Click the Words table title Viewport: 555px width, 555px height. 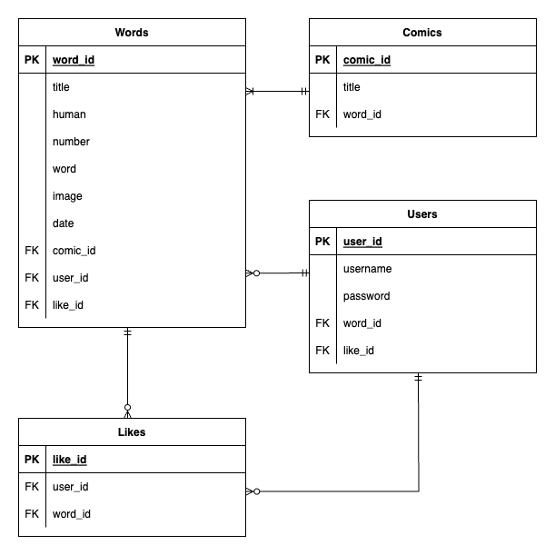point(132,33)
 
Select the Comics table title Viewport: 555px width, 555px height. point(422,33)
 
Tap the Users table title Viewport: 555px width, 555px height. point(422,214)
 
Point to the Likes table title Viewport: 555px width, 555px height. point(132,432)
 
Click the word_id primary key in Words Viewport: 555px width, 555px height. point(74,60)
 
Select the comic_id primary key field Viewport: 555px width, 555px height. point(367,60)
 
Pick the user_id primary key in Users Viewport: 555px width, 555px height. point(362,242)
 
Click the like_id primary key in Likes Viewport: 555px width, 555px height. point(70,460)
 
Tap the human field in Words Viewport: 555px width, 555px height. point(69,114)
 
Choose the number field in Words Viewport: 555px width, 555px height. point(71,142)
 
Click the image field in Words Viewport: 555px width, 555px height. point(68,196)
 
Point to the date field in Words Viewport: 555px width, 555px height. point(64,223)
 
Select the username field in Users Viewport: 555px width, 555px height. point(367,269)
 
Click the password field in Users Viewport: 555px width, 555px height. point(367,296)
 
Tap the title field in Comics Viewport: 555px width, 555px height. point(352,87)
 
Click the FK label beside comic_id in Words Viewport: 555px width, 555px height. point(32,251)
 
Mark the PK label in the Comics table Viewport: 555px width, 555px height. point(322,60)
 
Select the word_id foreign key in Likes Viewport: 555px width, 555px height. point(71,514)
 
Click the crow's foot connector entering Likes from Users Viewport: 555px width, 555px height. point(253,491)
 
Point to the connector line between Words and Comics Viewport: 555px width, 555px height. point(277,91)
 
